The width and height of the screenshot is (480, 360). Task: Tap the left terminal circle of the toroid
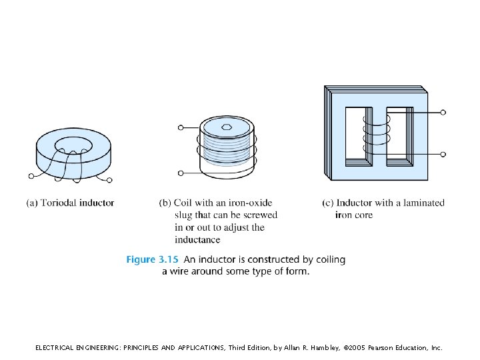pyautogui.click(x=31, y=177)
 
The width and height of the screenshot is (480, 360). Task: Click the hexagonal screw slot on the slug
pyautogui.click(x=227, y=125)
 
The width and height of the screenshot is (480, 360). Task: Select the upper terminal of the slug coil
pyautogui.click(x=180, y=127)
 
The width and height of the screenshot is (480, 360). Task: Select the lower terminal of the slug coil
pyautogui.click(x=180, y=173)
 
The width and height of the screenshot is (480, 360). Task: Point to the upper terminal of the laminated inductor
pyautogui.click(x=443, y=113)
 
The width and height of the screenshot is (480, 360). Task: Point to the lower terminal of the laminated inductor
pyautogui.click(x=443, y=154)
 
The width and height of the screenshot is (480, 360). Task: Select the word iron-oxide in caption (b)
pyautogui.click(x=249, y=203)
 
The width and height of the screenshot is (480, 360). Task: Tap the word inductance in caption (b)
pyautogui.click(x=197, y=239)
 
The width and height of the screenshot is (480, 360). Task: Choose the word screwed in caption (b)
pyautogui.click(x=261, y=215)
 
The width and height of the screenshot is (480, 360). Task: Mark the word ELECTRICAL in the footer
pyautogui.click(x=57, y=348)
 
